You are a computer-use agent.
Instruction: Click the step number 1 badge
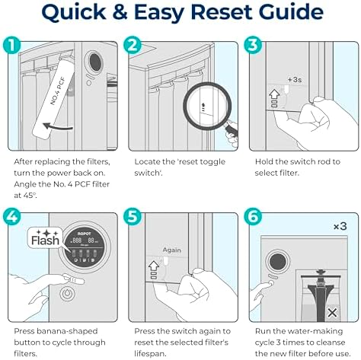click(11, 45)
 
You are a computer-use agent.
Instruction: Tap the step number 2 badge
click(133, 45)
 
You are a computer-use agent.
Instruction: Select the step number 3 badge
click(253, 45)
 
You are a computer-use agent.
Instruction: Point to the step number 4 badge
click(11, 216)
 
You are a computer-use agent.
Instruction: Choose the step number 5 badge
click(133, 216)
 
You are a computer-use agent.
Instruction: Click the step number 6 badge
click(253, 216)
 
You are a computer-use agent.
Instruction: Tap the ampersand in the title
click(120, 12)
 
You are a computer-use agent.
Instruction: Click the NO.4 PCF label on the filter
click(58, 91)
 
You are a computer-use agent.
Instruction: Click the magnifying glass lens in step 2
click(207, 106)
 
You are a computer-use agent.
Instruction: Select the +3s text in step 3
click(295, 80)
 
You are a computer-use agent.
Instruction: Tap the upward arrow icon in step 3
click(274, 95)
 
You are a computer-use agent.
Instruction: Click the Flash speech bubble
click(45, 237)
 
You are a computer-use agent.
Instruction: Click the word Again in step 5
click(172, 250)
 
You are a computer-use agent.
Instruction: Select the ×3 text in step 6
click(340, 226)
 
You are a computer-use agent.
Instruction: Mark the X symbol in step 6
click(332, 313)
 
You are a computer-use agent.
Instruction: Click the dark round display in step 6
click(278, 262)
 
